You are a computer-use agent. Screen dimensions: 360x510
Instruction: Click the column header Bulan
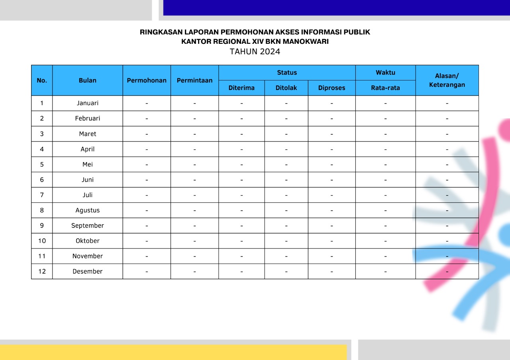click(88, 80)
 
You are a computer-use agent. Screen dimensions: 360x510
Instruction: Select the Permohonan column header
click(147, 80)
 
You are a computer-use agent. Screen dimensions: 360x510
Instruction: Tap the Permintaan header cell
click(194, 80)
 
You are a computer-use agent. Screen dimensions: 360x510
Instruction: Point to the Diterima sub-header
click(241, 88)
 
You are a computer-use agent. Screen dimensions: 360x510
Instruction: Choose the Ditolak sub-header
click(286, 88)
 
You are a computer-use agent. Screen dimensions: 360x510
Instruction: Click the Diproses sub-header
click(331, 88)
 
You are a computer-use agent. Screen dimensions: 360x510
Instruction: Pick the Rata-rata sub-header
click(385, 88)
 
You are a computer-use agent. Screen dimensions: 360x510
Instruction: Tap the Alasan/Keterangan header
click(447, 80)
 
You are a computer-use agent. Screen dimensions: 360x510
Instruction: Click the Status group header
click(287, 72)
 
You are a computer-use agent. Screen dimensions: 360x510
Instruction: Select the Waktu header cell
click(385, 72)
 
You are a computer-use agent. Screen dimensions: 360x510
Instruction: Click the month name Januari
click(88, 103)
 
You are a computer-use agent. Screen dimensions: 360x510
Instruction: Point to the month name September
click(88, 225)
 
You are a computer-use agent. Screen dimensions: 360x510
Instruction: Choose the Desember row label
click(88, 271)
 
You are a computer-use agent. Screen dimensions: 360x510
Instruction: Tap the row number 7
click(42, 195)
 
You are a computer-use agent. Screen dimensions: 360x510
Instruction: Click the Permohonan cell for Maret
click(147, 134)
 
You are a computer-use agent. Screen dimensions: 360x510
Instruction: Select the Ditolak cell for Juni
click(286, 180)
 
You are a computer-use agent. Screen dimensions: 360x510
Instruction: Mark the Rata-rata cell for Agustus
click(385, 210)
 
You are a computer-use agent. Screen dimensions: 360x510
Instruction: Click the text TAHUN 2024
click(255, 52)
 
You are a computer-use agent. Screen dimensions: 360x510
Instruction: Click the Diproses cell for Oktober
click(331, 241)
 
